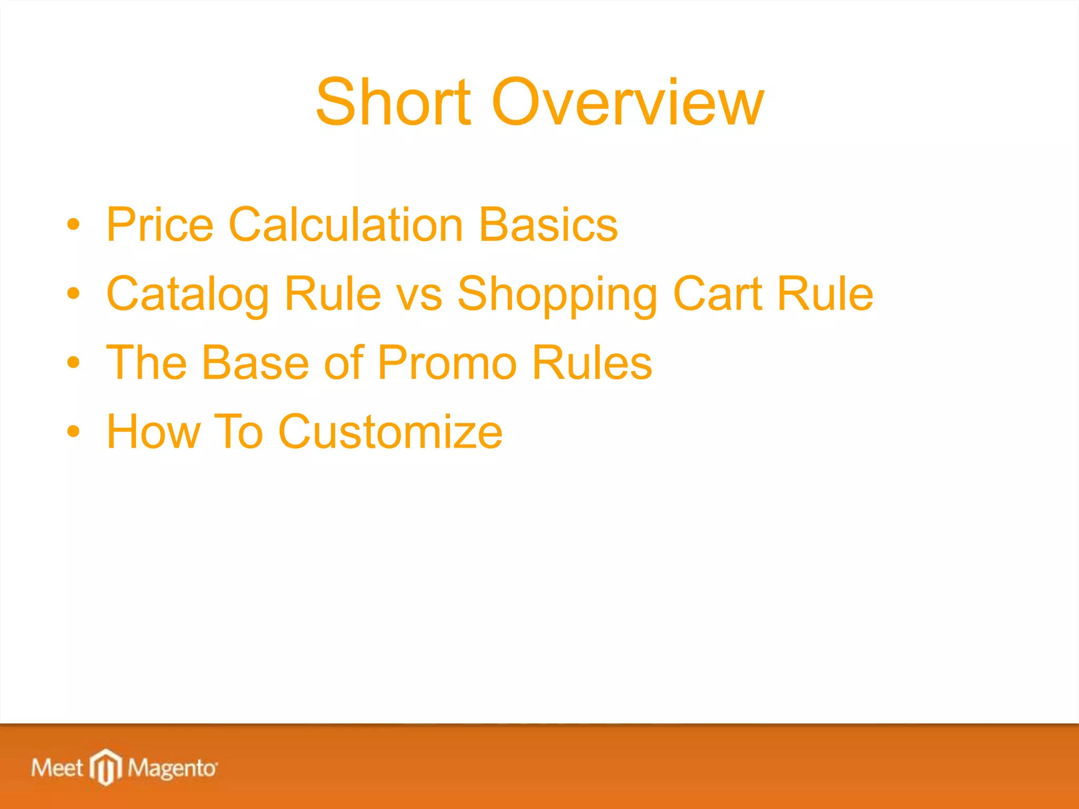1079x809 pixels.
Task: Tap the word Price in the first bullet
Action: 160,225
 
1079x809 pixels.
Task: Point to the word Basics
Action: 548,225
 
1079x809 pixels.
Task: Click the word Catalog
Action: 188,294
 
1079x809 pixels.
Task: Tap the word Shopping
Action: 557,295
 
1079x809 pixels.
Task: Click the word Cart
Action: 718,294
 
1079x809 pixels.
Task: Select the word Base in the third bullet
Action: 255,363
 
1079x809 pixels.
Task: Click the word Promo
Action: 447,363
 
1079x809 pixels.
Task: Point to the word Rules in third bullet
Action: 592,363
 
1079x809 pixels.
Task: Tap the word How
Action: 153,432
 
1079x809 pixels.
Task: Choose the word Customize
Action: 390,432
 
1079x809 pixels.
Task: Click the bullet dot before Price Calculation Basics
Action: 74,225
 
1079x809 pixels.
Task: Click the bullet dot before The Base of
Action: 74,363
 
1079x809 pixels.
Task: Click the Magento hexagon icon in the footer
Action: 106,767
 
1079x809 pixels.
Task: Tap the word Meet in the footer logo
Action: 57,768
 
